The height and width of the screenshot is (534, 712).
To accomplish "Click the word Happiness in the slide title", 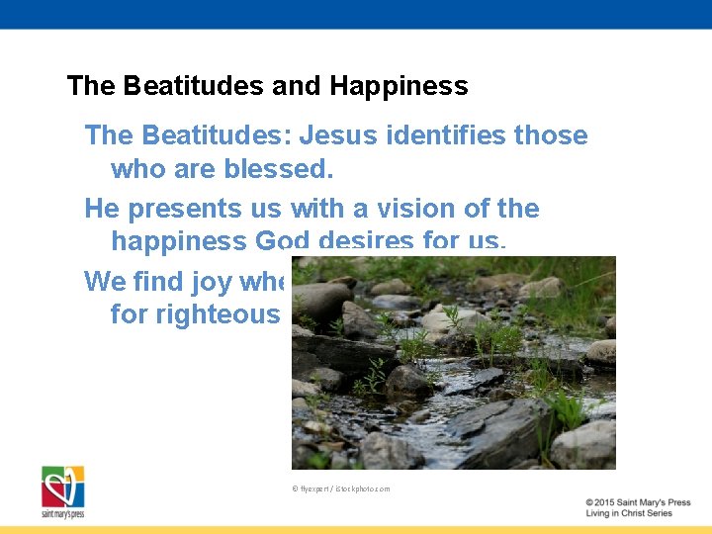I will coord(399,86).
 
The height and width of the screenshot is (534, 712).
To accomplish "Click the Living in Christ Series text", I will coord(629,514).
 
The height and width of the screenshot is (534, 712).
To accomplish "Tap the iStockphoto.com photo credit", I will coord(341,489).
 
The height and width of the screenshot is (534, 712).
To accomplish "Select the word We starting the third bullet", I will coord(105,282).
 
